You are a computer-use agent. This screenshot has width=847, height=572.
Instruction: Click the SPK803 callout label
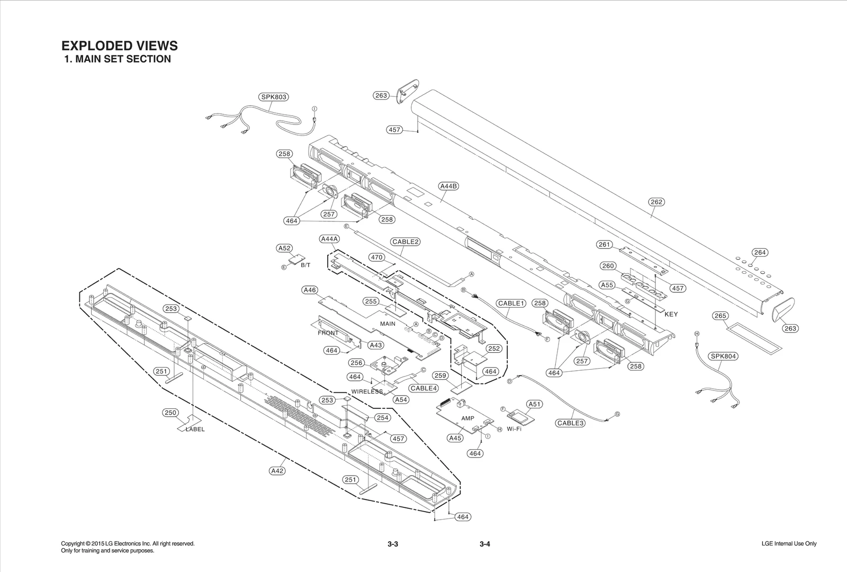(x=274, y=97)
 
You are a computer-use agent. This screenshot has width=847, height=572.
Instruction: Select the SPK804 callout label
(x=724, y=356)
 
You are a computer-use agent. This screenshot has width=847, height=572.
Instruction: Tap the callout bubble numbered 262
(x=656, y=202)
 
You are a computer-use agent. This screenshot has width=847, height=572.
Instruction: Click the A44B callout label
(x=448, y=186)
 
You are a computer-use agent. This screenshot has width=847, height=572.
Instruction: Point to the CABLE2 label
(x=406, y=242)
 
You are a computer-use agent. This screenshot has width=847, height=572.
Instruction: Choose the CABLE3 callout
(x=570, y=423)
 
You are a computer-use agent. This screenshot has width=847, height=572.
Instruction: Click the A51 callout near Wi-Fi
(x=535, y=404)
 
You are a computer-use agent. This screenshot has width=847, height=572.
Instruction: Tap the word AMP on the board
(x=467, y=418)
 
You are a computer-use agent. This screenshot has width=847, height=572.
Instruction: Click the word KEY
(x=671, y=314)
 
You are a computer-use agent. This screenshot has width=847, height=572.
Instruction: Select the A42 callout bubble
(x=277, y=470)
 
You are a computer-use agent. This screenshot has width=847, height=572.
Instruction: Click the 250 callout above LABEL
(x=170, y=413)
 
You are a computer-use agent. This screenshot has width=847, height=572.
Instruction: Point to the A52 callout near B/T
(x=284, y=248)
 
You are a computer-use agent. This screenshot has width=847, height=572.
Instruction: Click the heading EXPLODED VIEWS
(x=120, y=46)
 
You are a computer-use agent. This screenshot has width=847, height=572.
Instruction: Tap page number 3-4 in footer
(x=485, y=544)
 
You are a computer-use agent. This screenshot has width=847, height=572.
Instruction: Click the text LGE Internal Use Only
(x=789, y=543)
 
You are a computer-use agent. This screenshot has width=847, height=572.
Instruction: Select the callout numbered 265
(x=720, y=316)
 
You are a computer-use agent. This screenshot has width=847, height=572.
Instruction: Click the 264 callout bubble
(x=760, y=253)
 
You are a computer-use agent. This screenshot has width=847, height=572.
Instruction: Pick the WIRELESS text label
(x=367, y=392)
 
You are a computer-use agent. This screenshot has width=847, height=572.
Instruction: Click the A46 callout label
(x=310, y=290)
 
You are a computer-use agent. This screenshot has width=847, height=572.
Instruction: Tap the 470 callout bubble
(x=376, y=257)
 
